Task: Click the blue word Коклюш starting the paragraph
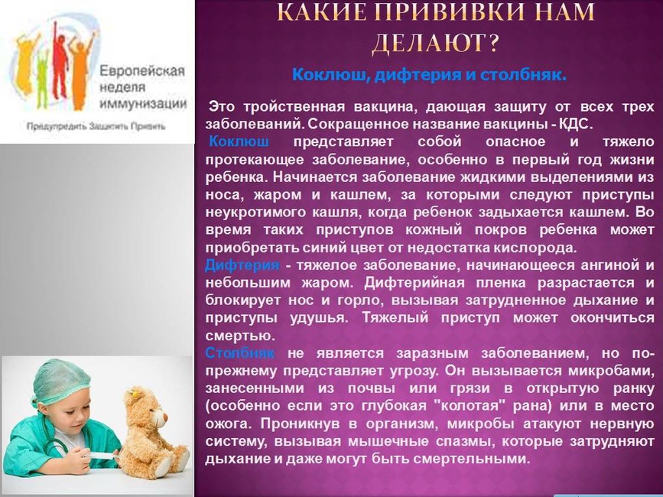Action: (x=239, y=141)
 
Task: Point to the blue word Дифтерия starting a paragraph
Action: (x=242, y=265)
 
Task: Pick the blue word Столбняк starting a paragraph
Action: (x=240, y=353)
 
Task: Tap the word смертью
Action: (x=240, y=336)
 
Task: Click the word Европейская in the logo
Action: (x=142, y=70)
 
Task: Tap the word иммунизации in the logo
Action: (x=143, y=103)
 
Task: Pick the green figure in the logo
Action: (x=42, y=78)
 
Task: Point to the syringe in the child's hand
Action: (x=99, y=456)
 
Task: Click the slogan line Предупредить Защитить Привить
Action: (x=96, y=126)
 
